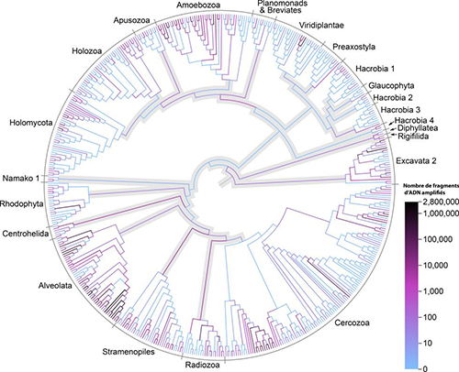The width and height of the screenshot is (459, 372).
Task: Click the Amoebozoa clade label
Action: click(x=198, y=5)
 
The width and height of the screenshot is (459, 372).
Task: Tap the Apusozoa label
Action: click(x=131, y=20)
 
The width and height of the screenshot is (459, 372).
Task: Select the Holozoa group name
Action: click(x=87, y=50)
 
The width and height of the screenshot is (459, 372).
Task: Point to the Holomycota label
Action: click(x=31, y=123)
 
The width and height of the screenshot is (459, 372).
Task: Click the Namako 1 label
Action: click(x=21, y=178)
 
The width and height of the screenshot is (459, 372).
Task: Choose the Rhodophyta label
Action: click(x=21, y=204)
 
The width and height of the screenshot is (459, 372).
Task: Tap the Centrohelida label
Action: click(x=26, y=234)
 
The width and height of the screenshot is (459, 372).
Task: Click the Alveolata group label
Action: click(x=55, y=286)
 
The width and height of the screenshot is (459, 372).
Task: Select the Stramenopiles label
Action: click(x=129, y=352)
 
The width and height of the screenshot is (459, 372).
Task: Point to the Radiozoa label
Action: click(x=203, y=365)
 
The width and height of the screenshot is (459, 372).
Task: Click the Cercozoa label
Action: click(x=352, y=323)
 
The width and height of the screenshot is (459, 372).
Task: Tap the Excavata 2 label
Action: click(x=416, y=161)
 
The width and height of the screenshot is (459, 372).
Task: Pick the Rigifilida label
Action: click(x=413, y=137)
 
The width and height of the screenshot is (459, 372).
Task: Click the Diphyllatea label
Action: click(x=418, y=128)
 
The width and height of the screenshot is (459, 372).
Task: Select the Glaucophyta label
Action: click(x=391, y=86)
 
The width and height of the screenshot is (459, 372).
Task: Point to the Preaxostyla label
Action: click(x=354, y=47)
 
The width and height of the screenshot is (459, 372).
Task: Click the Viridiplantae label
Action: click(x=321, y=26)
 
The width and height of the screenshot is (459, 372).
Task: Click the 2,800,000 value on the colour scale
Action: click(x=442, y=202)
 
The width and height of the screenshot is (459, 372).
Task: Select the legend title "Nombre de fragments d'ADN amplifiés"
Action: click(x=431, y=189)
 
